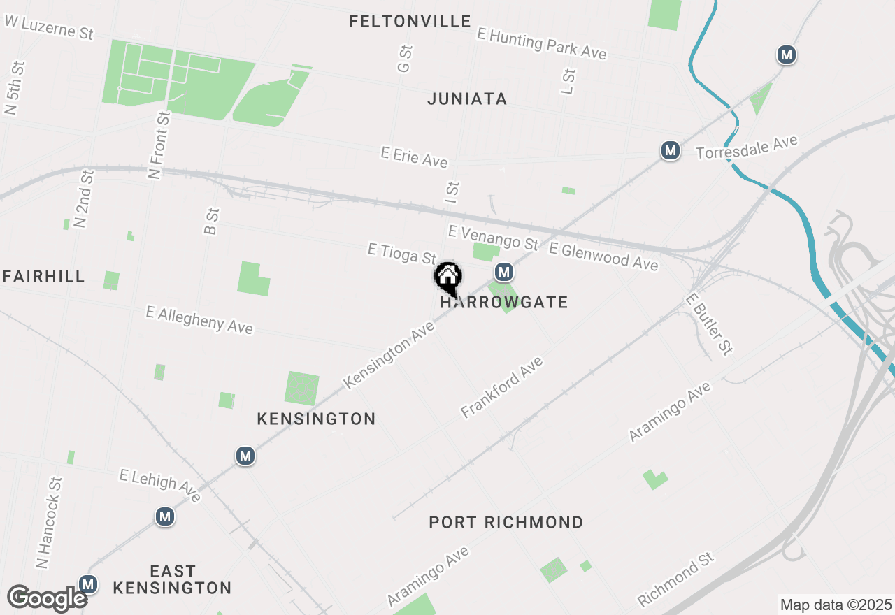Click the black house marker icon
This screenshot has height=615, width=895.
coord(448,277)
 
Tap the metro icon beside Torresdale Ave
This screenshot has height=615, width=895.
coord(671,150)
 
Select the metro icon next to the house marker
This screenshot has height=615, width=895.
coord(503,272)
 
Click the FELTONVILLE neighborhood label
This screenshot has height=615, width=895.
coord(410,21)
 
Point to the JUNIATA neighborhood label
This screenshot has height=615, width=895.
coord(467,99)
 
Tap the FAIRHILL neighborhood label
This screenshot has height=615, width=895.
coord(43,276)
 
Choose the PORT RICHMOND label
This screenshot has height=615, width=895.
coord(506,522)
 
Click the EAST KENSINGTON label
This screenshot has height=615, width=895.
coord(172,579)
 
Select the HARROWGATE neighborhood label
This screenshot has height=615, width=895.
coord(504,302)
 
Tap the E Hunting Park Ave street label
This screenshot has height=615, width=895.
coord(541,43)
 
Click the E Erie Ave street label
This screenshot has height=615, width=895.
coord(414,157)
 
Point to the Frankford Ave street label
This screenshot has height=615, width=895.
coord(502,387)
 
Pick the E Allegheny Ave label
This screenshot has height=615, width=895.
coord(199,319)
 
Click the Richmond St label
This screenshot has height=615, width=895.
coord(676,579)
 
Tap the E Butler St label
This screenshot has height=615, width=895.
coord(710,324)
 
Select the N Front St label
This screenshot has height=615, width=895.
coord(159,145)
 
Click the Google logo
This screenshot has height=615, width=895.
coord(47,598)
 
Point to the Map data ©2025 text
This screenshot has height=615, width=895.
coord(836,605)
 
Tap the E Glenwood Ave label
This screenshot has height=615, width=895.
coord(603,256)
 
